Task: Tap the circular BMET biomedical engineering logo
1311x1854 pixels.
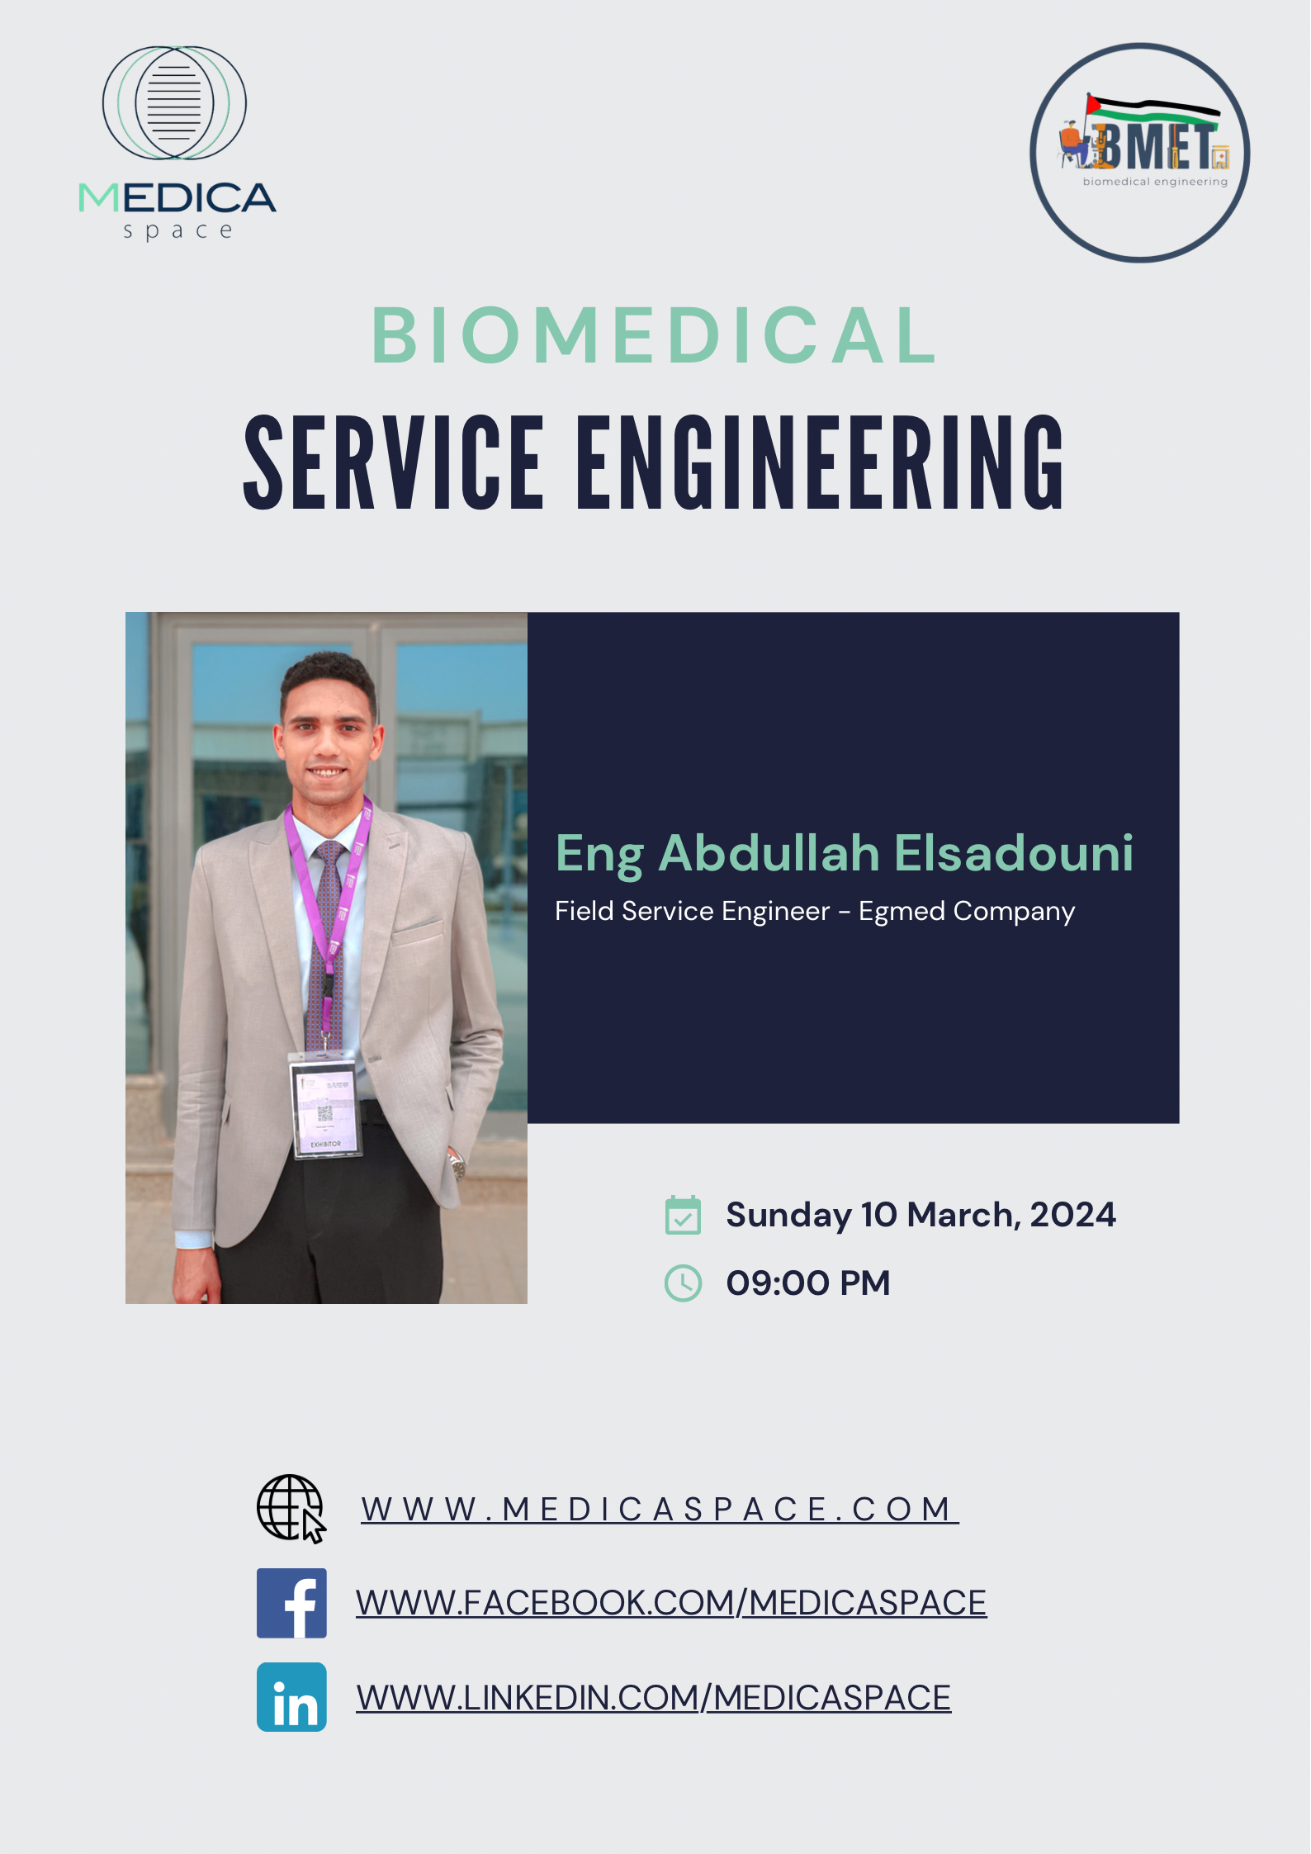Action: point(1139,153)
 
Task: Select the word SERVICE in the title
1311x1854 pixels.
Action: point(394,462)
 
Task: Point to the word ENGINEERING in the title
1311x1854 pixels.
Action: point(821,462)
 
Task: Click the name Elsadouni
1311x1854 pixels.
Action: point(1014,852)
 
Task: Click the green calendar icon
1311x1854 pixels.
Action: point(683,1215)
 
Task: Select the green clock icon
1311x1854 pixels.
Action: point(683,1283)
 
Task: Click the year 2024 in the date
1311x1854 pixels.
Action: point(1072,1215)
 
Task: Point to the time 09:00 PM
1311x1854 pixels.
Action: point(808,1283)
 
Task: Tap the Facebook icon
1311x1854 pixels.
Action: point(291,1603)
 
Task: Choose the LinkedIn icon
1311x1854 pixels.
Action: point(291,1697)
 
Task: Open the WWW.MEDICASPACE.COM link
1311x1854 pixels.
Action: point(660,1510)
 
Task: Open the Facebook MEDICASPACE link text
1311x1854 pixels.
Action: point(671,1603)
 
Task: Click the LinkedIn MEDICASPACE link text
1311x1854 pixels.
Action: point(654,1698)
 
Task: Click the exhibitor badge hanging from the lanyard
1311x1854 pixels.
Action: point(325,1108)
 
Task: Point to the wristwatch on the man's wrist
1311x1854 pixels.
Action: point(457,1165)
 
